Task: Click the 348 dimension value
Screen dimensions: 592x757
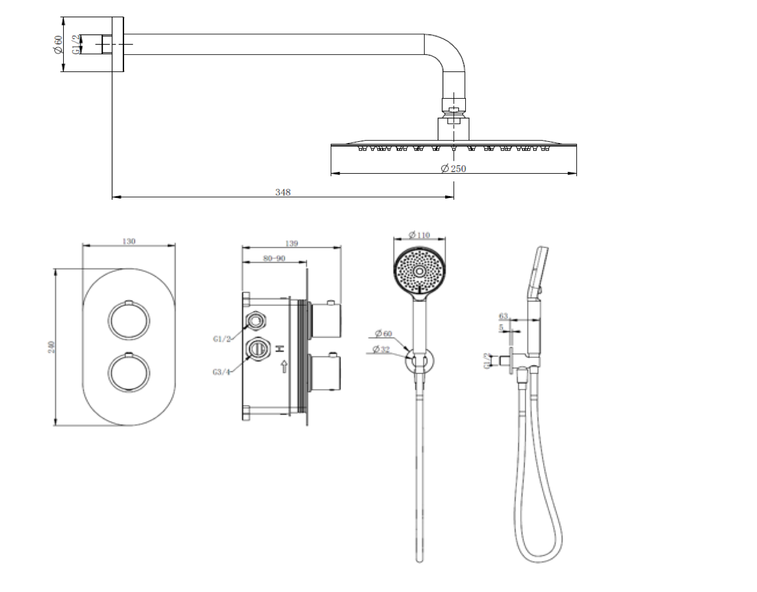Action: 283,192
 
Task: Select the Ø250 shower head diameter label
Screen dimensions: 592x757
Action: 453,168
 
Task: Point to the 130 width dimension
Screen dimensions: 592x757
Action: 129,241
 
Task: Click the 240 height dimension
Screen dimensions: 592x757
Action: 52,347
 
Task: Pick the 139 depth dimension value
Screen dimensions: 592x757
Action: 291,243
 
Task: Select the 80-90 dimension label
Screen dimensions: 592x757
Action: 275,258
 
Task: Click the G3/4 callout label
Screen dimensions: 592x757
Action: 221,372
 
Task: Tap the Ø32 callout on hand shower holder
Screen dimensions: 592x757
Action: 383,350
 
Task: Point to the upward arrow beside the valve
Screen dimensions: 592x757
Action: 284,367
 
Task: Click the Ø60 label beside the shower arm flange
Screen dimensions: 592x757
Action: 58,44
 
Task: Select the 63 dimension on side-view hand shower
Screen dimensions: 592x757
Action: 504,317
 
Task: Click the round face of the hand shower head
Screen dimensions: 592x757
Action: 419,271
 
